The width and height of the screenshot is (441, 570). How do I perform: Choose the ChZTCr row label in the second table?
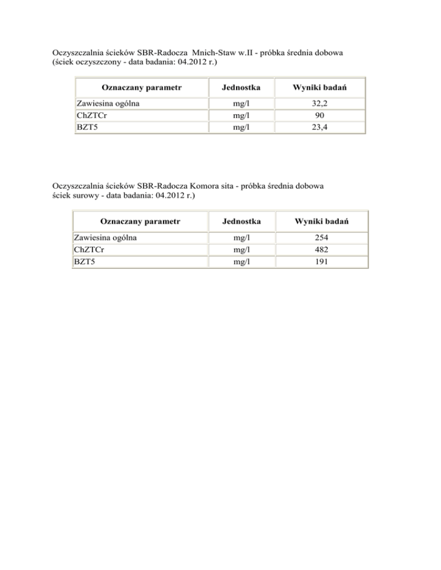click(x=89, y=249)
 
